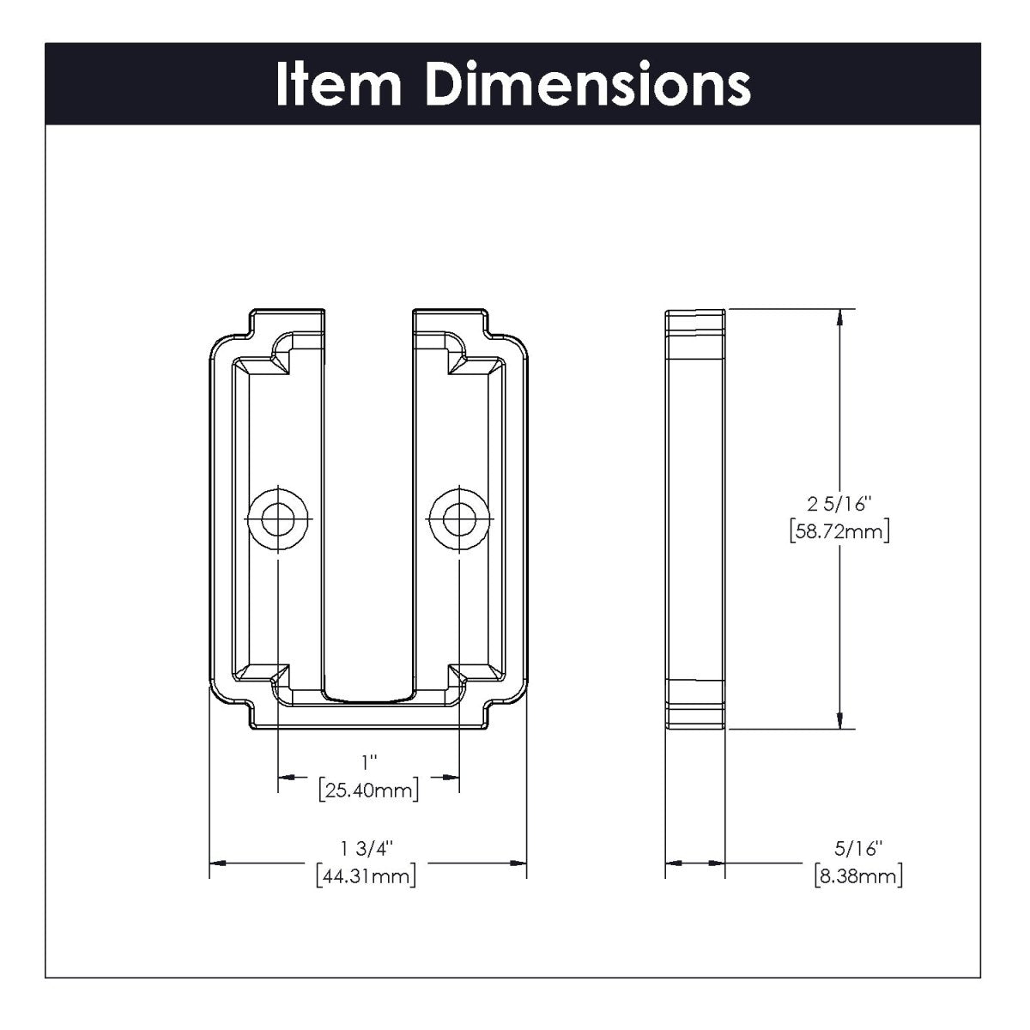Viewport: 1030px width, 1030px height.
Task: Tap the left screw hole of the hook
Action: click(277, 518)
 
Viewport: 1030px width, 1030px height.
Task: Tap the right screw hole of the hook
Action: click(460, 518)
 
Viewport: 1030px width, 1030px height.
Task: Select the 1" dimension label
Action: click(369, 760)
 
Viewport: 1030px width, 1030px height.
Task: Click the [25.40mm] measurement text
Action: click(368, 790)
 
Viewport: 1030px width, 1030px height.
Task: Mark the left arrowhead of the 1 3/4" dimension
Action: click(220, 862)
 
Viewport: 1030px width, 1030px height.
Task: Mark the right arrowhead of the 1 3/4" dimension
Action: click(517, 862)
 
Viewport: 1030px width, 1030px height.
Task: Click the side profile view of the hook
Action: click(695, 518)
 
